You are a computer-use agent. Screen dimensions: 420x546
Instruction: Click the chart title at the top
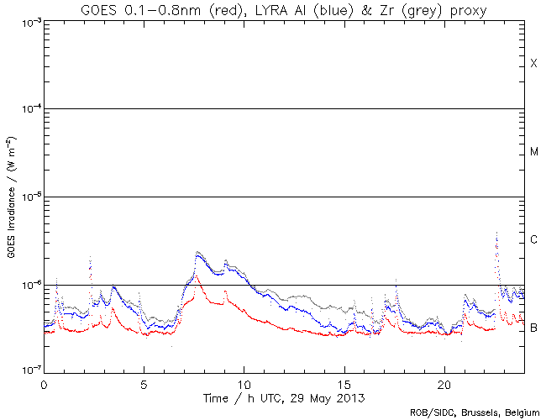(x=273, y=9)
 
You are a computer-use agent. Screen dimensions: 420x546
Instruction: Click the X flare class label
(x=533, y=64)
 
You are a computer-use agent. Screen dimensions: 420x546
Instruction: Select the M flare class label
(x=533, y=152)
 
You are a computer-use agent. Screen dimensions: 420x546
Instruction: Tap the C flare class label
(x=533, y=240)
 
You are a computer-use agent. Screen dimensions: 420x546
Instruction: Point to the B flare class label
(x=533, y=328)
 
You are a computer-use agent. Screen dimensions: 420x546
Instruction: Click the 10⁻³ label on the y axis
(x=27, y=22)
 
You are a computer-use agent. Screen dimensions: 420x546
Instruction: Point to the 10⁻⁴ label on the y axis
(x=27, y=109)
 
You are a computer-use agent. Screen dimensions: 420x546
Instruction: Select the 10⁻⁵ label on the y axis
(x=27, y=197)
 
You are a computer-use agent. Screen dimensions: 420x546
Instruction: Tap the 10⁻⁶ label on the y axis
(x=27, y=285)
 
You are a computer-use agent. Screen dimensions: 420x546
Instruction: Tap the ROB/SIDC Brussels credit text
(x=477, y=412)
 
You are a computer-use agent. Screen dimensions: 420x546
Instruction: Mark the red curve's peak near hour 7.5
(x=195, y=275)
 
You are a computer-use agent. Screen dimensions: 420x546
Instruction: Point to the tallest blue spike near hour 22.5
(x=496, y=234)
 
